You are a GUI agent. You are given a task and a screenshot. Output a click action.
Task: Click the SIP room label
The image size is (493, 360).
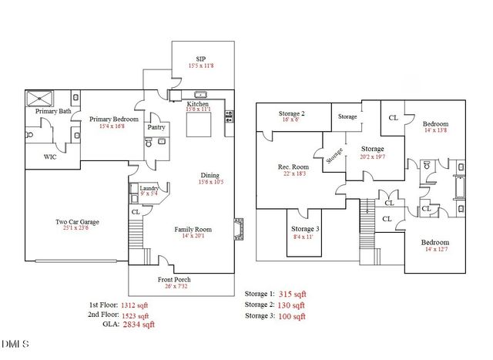click(200, 59)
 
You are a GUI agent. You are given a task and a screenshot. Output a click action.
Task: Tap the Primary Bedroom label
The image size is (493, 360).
click(113, 119)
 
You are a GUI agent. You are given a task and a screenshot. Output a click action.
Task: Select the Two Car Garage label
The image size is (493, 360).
click(77, 222)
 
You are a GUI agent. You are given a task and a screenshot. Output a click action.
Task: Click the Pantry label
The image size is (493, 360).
click(156, 127)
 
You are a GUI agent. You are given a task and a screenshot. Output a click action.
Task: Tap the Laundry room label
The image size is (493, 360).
click(149, 187)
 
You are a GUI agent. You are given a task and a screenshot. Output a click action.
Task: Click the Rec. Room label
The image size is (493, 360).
click(293, 167)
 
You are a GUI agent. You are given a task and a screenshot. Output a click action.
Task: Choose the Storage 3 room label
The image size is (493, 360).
click(307, 229)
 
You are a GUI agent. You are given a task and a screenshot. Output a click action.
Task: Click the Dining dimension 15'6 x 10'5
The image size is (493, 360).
click(210, 183)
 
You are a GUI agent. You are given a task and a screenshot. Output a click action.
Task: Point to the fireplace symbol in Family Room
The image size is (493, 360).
click(239, 229)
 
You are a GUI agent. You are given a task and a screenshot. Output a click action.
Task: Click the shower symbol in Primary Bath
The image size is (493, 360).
click(37, 99)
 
